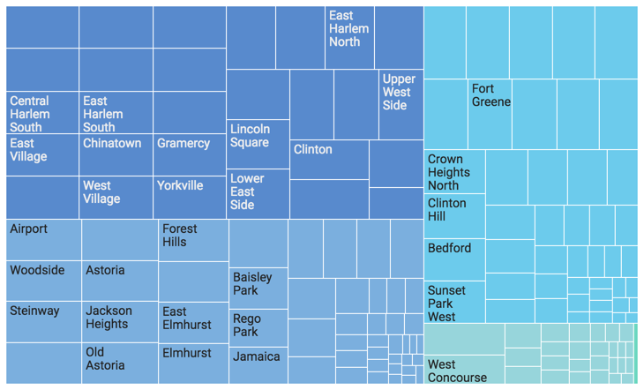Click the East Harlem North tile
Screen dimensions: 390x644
[x=349, y=37]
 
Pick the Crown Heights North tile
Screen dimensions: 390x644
[x=453, y=172]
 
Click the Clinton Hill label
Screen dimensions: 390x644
[x=447, y=210]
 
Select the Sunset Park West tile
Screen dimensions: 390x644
[x=453, y=303]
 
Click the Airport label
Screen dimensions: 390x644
[x=29, y=229]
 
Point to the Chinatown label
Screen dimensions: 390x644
[x=112, y=143]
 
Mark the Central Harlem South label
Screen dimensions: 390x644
[x=30, y=114]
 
